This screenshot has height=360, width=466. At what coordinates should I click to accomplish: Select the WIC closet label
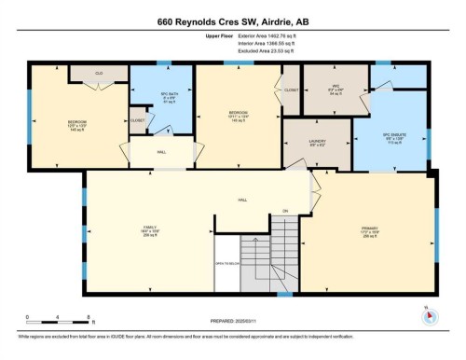point(336,92)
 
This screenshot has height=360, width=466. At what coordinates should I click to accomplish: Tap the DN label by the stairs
point(285,210)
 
